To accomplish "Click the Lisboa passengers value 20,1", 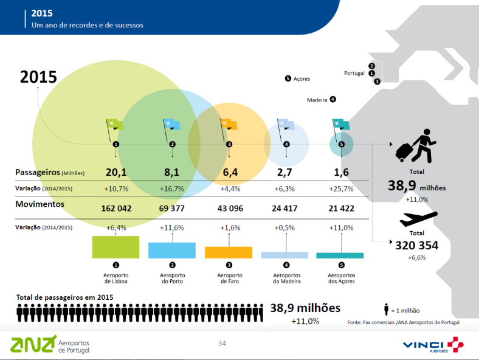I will click(x=115, y=173).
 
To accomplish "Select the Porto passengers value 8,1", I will click(x=172, y=173).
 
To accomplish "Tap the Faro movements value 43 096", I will click(x=229, y=209).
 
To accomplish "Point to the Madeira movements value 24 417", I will click(x=286, y=209).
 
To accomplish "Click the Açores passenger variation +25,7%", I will click(x=341, y=189).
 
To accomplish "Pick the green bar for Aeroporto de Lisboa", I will click(x=115, y=247).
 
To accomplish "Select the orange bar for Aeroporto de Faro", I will click(x=229, y=252).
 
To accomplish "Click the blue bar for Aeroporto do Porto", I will click(x=172, y=250).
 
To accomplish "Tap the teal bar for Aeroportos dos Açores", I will click(x=340, y=255).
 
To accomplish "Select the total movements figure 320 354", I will click(x=416, y=246).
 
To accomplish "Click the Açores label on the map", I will click(x=301, y=79).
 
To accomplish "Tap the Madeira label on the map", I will click(x=317, y=100).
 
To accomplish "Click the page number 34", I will click(x=222, y=344).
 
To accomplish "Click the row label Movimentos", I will click(x=40, y=204).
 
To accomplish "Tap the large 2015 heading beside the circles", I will click(x=38, y=77).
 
